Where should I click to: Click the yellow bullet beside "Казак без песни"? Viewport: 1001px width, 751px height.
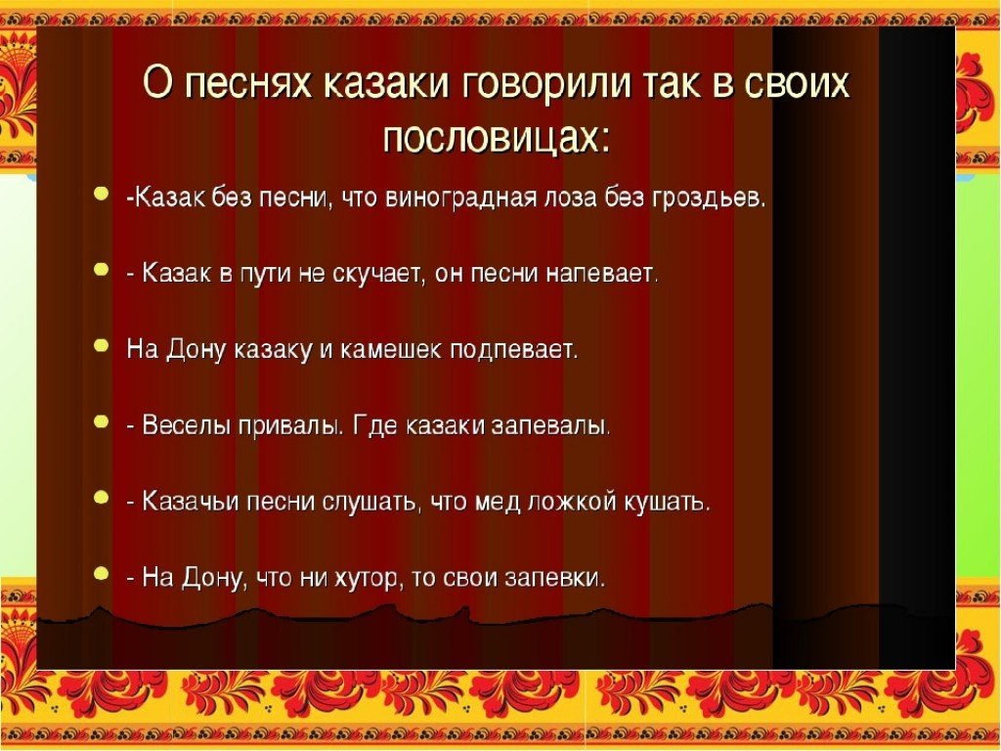coord(101,193)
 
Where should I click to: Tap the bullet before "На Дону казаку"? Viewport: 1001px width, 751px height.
coord(101,345)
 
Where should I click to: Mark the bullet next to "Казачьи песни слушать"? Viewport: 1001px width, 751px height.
coord(101,497)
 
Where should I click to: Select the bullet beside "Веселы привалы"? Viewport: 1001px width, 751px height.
coord(101,420)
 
